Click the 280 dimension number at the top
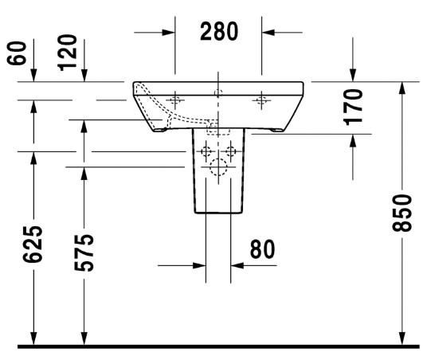click(218, 32)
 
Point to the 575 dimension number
click(84, 251)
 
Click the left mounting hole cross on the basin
click(175, 100)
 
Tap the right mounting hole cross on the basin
click(261, 100)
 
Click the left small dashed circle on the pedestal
click(206, 151)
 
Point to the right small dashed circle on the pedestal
click(232, 151)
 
